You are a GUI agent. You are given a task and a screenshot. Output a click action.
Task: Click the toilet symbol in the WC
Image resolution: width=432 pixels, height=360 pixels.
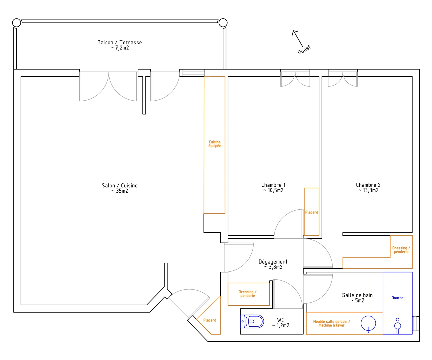click(252, 321)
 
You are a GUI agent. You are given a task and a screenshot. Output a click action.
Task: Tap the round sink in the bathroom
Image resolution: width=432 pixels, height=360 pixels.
click(368, 323)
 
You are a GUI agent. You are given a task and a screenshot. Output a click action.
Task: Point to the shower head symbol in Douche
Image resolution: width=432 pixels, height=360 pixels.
click(397, 326)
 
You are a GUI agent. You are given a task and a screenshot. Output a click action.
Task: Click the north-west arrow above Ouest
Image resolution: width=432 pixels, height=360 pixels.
click(297, 38)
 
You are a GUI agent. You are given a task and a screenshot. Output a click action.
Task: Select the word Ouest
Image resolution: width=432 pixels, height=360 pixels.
click(304, 50)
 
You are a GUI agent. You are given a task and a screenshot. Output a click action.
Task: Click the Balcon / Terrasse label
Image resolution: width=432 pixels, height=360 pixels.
click(120, 42)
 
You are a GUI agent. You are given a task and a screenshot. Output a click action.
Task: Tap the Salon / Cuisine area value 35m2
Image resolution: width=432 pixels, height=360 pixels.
click(122, 191)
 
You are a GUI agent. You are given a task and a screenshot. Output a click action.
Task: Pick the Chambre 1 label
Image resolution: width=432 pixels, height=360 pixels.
click(273, 185)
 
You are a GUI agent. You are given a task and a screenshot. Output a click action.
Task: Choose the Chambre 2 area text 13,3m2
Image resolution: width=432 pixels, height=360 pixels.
click(371, 190)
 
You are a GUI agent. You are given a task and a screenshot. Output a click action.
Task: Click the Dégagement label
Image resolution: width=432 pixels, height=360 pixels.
click(273, 262)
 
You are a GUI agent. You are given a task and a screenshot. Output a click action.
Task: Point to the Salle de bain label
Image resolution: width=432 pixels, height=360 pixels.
click(357, 295)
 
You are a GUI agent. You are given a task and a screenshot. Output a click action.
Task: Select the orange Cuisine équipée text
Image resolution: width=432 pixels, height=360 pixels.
click(215, 144)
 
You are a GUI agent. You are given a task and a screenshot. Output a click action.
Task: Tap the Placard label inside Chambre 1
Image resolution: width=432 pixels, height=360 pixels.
click(312, 212)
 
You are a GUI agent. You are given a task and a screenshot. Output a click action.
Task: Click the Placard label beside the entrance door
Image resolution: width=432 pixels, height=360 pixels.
click(210, 320)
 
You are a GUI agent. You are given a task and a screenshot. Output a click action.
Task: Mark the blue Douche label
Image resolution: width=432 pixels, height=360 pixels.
click(397, 298)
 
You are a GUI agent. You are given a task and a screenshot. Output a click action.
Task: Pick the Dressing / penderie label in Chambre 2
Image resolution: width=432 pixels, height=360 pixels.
click(401, 250)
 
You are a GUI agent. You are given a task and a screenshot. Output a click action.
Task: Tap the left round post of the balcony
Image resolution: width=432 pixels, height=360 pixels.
click(17, 23)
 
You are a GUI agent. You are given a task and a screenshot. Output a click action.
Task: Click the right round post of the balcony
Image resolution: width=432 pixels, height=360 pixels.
click(223, 23)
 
